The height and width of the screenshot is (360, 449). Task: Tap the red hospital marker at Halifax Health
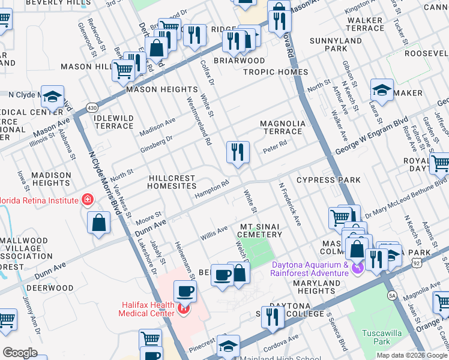point(183,309)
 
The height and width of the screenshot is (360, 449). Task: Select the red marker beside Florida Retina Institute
point(88,199)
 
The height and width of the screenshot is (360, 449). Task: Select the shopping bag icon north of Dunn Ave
point(98,223)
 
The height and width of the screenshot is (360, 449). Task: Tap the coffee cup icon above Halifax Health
point(185,292)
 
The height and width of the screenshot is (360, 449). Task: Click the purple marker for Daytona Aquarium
point(358,268)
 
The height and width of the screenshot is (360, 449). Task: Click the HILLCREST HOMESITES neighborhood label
point(174,182)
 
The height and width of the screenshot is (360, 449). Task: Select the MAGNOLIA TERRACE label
point(282,127)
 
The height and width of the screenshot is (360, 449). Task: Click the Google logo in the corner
point(20,353)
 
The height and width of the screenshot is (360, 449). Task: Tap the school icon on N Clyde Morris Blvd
point(53,97)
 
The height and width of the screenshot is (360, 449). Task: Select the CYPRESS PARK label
point(328,180)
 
